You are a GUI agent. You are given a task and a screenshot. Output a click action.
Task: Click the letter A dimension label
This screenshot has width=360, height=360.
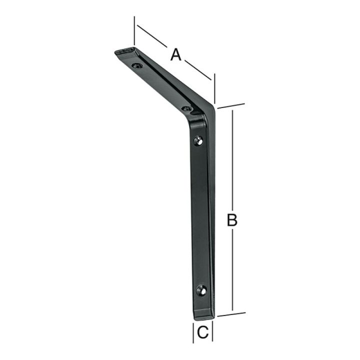175,53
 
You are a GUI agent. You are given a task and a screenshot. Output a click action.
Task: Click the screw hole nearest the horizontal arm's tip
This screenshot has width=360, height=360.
135,65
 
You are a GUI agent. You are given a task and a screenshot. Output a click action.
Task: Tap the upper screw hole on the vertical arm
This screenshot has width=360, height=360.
199,140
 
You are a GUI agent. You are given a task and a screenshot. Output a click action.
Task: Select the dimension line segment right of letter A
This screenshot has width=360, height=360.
199,70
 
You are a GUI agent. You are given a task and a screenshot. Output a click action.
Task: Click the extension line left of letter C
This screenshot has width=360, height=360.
194,332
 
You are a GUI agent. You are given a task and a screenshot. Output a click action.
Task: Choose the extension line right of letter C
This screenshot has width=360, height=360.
213,332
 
